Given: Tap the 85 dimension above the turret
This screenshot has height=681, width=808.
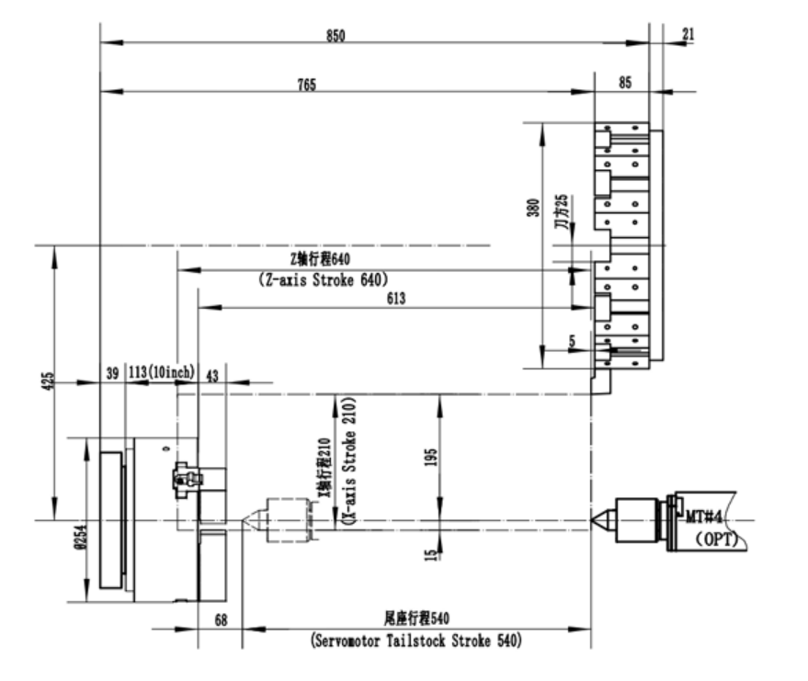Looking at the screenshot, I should (x=625, y=83).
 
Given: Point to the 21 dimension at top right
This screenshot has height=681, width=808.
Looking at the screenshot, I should (x=689, y=34).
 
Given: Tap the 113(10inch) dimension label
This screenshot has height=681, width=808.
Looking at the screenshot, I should (x=160, y=371).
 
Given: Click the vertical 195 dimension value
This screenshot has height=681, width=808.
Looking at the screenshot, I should (x=432, y=458).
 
